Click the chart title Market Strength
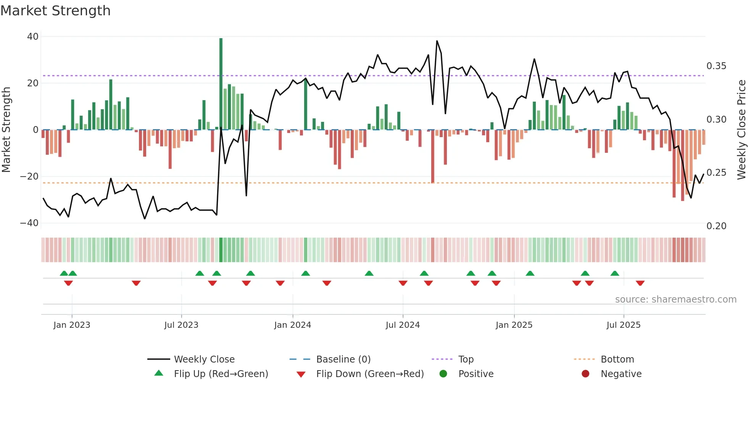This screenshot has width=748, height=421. (55, 11)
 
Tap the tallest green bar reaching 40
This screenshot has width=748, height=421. (221, 84)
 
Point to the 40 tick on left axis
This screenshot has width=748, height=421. (33, 37)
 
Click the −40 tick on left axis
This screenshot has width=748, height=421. (29, 223)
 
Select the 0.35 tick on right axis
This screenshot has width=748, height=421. (716, 66)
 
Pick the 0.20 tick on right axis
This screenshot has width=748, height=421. (716, 226)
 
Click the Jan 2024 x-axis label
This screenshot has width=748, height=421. (293, 325)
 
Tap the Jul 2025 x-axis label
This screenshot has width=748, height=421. (624, 325)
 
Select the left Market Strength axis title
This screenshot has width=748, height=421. (6, 130)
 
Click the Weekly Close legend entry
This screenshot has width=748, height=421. (204, 359)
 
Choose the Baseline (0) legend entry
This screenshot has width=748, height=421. (343, 359)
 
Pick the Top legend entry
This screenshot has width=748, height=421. (466, 359)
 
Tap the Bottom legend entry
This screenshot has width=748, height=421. (617, 359)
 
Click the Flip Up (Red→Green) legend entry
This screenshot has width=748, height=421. (221, 374)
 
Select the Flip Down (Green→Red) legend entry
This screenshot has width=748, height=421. (370, 374)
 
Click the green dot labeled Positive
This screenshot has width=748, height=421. (443, 374)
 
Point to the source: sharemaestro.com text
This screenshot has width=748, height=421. (675, 300)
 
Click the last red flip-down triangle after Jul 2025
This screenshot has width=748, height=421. (640, 283)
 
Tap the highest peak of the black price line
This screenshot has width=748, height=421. (437, 41)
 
